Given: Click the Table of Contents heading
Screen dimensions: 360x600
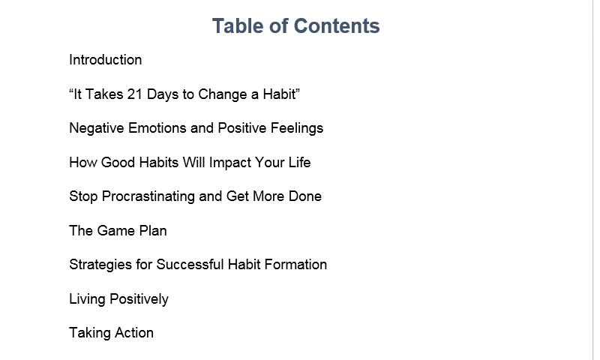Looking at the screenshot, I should click(x=295, y=26).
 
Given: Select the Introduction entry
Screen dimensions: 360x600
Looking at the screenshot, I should click(x=105, y=60).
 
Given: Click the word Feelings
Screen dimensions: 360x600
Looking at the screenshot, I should click(x=295, y=128).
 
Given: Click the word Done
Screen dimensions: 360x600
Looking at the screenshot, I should click(x=304, y=196).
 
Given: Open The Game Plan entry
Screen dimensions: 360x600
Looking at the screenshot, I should click(x=118, y=231).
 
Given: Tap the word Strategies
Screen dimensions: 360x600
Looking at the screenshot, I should click(x=99, y=265).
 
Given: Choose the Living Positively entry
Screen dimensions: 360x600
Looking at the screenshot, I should click(x=118, y=299).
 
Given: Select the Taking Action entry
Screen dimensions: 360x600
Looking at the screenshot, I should click(x=111, y=333).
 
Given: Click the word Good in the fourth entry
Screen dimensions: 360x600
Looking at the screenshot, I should click(x=118, y=163).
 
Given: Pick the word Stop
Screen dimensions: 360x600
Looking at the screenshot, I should click(x=82, y=196).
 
